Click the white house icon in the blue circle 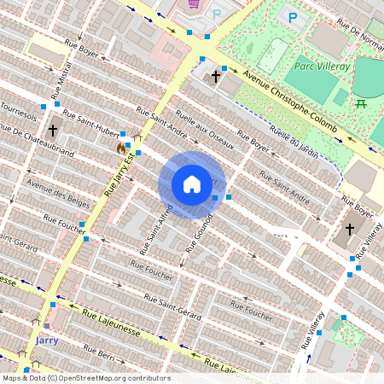[192, 184]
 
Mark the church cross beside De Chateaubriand [53, 131]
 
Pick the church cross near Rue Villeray [349, 230]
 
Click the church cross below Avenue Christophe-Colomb [216, 77]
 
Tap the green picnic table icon [361, 103]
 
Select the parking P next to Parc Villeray [293, 17]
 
